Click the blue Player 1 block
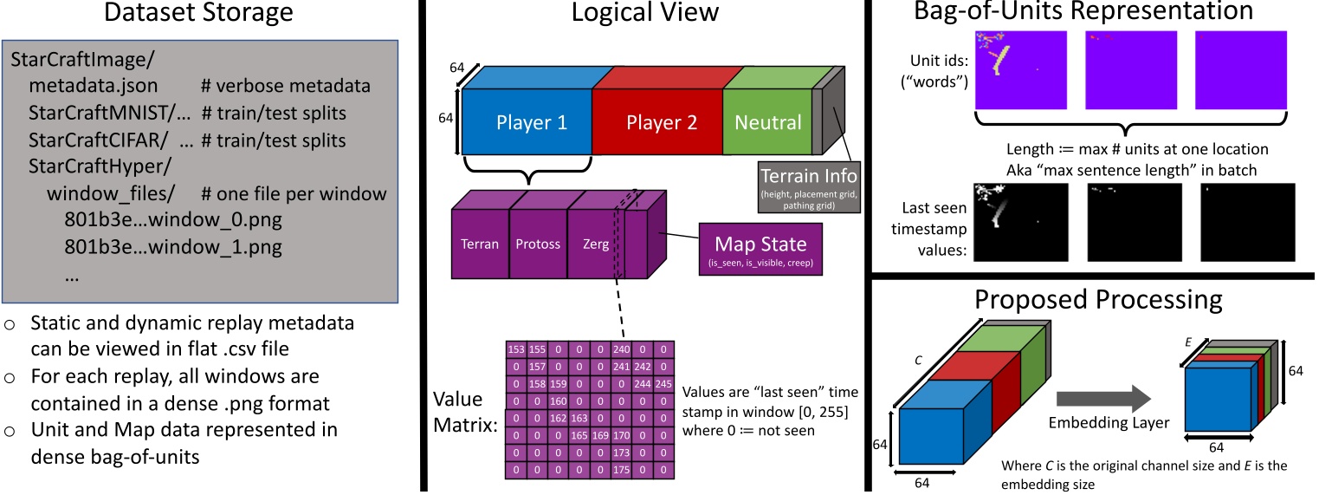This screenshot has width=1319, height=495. (x=532, y=122)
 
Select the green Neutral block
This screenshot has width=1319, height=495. (x=768, y=122)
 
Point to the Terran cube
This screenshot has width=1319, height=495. (x=479, y=244)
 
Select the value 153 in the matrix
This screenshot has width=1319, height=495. (x=517, y=348)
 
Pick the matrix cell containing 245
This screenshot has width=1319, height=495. (x=663, y=382)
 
